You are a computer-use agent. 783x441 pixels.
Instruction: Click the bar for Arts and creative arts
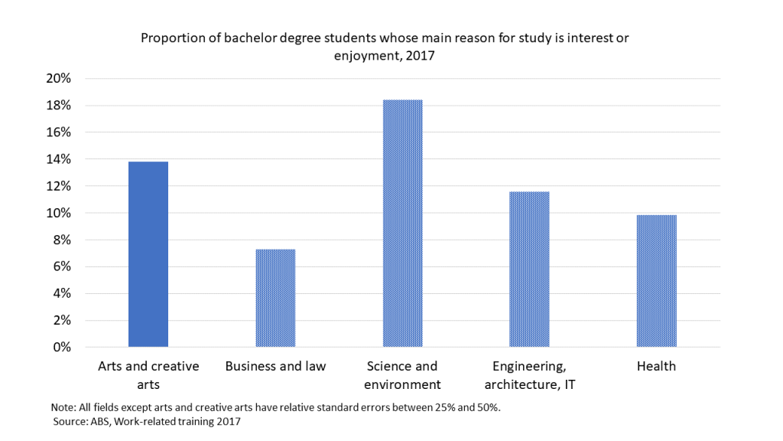(148, 254)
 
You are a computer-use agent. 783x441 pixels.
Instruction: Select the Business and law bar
(275, 298)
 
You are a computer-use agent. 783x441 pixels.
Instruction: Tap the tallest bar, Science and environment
(402, 224)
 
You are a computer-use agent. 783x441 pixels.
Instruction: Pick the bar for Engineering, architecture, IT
(529, 269)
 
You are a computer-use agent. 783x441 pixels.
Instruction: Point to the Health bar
(656, 281)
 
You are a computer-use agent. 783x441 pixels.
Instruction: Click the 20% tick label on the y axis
(58, 78)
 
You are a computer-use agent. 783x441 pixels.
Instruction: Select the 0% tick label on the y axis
(61, 348)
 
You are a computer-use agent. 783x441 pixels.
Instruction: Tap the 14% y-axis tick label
(58, 159)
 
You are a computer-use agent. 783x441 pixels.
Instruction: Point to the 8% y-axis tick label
(61, 240)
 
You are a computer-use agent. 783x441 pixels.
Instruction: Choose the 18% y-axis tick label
(58, 105)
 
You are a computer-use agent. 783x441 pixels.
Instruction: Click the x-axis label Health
(656, 366)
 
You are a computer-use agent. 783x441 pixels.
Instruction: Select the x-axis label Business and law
(275, 366)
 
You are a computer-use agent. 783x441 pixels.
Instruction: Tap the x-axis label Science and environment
(402, 375)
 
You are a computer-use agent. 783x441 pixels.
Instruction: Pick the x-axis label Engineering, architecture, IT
(533, 375)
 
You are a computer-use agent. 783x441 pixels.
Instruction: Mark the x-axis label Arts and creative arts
(148, 375)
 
